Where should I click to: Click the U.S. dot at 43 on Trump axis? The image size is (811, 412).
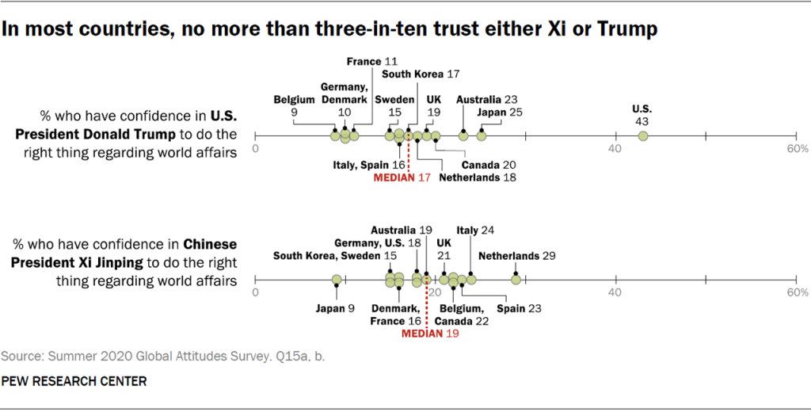tap(643, 136)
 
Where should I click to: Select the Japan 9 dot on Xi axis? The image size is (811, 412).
tap(337, 280)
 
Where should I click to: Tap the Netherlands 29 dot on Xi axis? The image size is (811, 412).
tap(516, 279)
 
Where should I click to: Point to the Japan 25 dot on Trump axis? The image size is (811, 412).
tap(482, 136)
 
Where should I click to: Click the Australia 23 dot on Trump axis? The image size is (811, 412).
tap(463, 136)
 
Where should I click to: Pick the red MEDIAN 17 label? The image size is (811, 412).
tap(402, 177)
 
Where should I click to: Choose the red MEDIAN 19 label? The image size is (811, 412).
tap(430, 334)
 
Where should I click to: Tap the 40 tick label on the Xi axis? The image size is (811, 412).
tap(615, 292)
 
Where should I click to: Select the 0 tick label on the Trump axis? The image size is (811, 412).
tap(256, 149)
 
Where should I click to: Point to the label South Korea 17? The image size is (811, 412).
tap(421, 74)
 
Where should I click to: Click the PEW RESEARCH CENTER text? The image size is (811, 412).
tap(74, 382)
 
